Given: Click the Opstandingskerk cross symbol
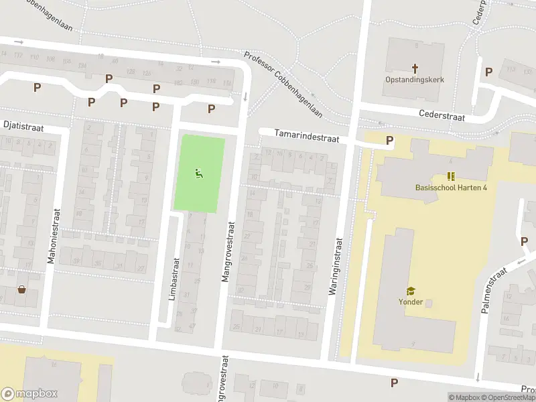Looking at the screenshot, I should click(415, 68).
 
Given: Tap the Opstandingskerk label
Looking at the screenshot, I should click(415, 80).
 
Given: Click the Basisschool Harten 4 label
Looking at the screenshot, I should click(451, 187).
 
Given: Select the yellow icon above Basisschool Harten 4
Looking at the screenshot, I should click(451, 176).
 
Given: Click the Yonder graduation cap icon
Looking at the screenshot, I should click(410, 291).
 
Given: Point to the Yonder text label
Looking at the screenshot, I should click(411, 301).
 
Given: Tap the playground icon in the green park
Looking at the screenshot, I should click(199, 174).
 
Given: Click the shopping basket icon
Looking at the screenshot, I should click(22, 290).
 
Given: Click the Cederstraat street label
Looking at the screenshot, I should click(442, 115).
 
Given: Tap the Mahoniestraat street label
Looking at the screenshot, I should click(51, 228).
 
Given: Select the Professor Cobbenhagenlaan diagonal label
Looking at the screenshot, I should click(283, 85).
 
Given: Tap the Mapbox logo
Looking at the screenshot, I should click(29, 394).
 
